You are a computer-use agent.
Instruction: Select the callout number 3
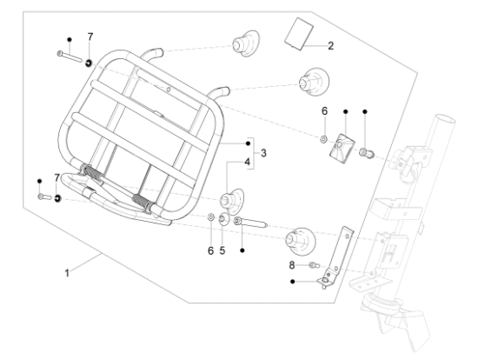[x=262, y=153]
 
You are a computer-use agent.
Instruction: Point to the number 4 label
[x=247, y=162]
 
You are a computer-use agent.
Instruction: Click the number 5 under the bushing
[x=222, y=250]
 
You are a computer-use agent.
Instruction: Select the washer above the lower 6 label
[x=211, y=216]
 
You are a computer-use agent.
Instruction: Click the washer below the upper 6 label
[x=322, y=137]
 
